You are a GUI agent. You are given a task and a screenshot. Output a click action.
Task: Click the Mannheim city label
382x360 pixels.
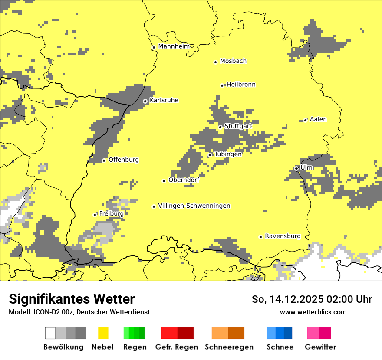point(174,46)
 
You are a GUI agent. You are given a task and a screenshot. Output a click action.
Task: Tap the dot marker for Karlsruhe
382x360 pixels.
point(145,101)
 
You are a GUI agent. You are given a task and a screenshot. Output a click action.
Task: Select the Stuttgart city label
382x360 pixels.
point(238,126)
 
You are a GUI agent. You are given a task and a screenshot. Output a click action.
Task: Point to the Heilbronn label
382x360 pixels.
point(241,85)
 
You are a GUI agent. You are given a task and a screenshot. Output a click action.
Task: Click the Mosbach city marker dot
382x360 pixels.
point(215,62)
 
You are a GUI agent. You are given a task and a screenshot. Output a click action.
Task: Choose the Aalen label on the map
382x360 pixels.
point(318,119)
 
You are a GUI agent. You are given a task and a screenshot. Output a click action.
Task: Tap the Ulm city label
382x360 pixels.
point(306,167)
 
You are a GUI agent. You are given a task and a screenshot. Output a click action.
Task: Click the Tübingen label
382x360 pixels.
point(228,154)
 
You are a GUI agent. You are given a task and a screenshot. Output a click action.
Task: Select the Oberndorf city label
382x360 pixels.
point(184,180)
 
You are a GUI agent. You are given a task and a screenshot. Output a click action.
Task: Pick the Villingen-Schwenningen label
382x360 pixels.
point(194,206)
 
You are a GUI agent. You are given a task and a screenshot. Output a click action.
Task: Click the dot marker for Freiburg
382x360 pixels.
point(95,215)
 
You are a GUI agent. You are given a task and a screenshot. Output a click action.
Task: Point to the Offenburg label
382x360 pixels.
point(124,160)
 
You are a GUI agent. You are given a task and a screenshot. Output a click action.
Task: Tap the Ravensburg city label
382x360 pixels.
point(283,236)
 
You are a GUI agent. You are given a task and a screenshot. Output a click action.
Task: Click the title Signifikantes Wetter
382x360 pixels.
point(72,299)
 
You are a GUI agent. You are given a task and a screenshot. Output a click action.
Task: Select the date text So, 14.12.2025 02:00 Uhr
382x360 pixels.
point(312,299)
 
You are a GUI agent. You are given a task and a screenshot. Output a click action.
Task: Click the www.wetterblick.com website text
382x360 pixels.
point(313,312)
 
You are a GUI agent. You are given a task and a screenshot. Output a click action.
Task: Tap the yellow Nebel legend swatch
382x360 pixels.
point(103,333)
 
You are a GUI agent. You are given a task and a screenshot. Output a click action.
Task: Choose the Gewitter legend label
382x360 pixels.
point(320,347)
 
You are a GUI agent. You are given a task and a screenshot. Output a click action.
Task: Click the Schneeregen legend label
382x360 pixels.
point(229,347)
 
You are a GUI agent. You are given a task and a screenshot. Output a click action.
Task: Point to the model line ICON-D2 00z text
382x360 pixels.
point(79,312)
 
